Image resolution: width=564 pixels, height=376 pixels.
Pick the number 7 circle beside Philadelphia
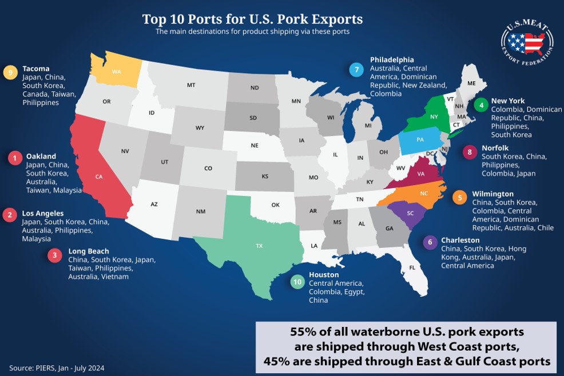(x=357, y=70)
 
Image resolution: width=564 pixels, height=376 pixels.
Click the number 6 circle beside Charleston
(x=429, y=242)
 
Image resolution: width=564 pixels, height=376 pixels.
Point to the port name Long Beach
(x=88, y=251)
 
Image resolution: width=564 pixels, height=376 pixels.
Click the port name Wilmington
(x=492, y=194)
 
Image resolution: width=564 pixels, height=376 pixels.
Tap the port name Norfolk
(x=495, y=147)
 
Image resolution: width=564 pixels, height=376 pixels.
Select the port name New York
(x=508, y=101)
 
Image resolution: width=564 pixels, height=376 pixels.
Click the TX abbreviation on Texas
(x=259, y=245)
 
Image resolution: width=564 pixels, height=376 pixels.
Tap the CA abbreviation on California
(x=99, y=177)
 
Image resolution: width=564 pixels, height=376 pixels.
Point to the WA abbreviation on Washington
(x=117, y=71)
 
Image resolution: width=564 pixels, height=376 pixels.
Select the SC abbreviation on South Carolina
(x=410, y=213)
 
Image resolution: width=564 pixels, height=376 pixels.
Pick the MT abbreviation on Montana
(x=191, y=85)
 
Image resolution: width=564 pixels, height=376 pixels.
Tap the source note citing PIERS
(x=57, y=368)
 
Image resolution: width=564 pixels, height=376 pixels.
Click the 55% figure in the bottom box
(x=304, y=331)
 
